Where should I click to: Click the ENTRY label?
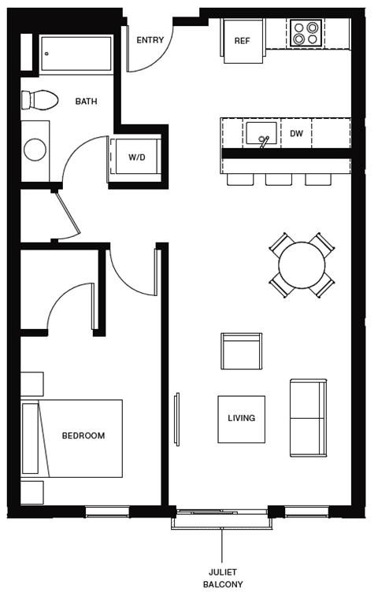(x=150, y=40)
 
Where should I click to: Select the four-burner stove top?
(x=306, y=32)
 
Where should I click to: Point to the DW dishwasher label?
(x=296, y=134)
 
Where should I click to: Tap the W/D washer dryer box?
(x=137, y=157)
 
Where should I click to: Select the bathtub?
(x=76, y=54)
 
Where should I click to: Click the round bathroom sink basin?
(x=35, y=150)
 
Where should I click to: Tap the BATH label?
(x=86, y=102)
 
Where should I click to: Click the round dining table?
(x=302, y=265)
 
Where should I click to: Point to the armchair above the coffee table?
(x=241, y=352)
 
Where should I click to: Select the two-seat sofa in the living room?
(x=308, y=418)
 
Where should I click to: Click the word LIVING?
(x=241, y=418)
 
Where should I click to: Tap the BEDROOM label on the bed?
(x=83, y=435)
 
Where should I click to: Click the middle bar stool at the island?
(x=279, y=179)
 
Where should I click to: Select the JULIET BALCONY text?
(x=222, y=578)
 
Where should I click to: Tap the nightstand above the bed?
(x=31, y=383)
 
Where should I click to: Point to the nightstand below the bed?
(x=31, y=492)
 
